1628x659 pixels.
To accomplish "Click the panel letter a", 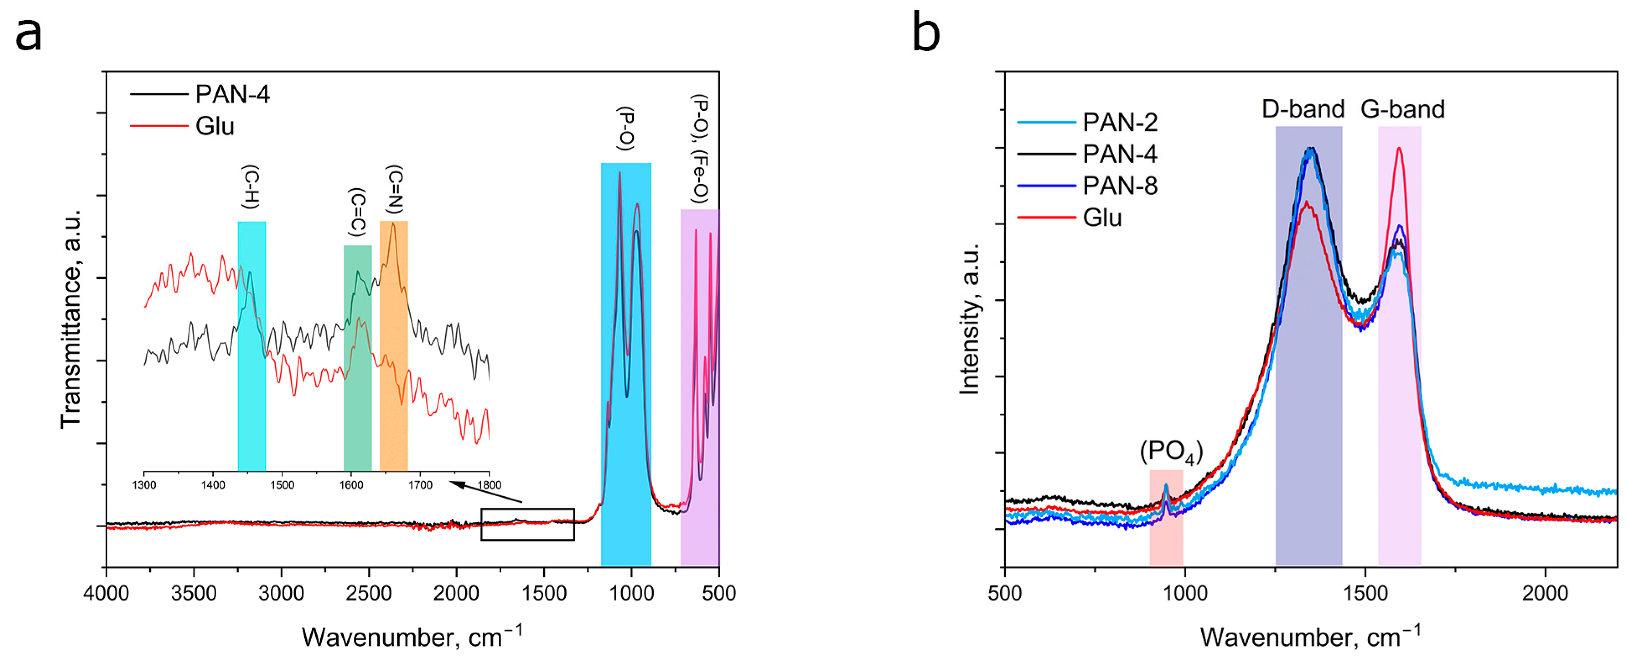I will pyautogui.click(x=29, y=35).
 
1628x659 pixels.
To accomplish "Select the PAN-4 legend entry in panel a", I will pyautogui.click(x=232, y=94).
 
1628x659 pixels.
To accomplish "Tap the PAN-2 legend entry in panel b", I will pyautogui.click(x=1119, y=122).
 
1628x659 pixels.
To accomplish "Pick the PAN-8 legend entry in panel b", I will pyautogui.click(x=1119, y=186).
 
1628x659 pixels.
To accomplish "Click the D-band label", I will pyautogui.click(x=1303, y=109).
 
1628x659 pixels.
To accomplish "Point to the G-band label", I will pyautogui.click(x=1402, y=109).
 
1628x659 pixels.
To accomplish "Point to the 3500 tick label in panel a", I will pyautogui.click(x=194, y=593).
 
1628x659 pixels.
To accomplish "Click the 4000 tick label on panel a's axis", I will pyautogui.click(x=106, y=593).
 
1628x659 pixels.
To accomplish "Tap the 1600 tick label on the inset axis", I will pyautogui.click(x=351, y=485).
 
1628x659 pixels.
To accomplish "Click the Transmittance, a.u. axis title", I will pyautogui.click(x=71, y=319).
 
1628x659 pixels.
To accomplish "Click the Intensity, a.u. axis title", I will pyautogui.click(x=969, y=319).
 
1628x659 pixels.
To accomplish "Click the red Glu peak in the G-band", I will pyautogui.click(x=1399, y=150).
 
